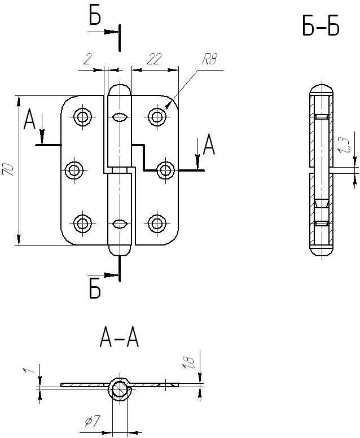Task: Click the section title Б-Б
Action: (321, 27)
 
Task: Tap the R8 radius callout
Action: (209, 60)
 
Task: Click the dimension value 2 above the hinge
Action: (87, 59)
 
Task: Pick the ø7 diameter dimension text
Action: (93, 421)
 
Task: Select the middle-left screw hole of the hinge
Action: (74, 170)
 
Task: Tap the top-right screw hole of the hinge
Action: (156, 117)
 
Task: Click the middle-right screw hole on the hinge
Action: (165, 170)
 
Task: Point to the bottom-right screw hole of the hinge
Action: (156, 223)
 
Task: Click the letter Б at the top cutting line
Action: (95, 17)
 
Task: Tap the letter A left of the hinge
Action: (30, 120)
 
